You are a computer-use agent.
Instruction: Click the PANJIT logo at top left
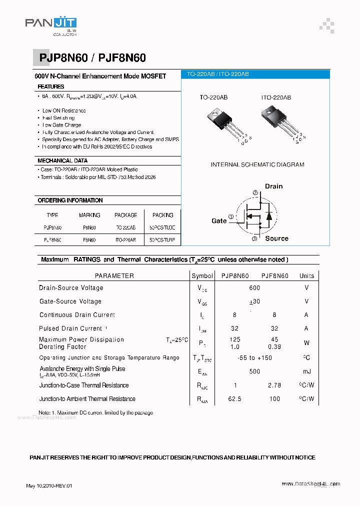point(50,25)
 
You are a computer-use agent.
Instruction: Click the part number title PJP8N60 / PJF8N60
point(92,58)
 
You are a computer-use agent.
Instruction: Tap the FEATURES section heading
point(51,86)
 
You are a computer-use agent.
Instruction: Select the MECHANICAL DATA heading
point(62,160)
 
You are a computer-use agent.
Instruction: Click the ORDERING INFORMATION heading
point(70,200)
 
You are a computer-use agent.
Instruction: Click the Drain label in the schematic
point(273,186)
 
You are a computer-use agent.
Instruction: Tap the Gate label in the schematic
point(219,220)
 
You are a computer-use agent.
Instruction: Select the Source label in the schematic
point(276,238)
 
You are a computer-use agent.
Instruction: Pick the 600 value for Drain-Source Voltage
point(254,288)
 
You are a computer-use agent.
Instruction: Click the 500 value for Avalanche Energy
point(254,371)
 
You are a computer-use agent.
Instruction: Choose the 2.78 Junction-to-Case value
point(274,385)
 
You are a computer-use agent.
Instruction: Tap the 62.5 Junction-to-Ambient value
point(234,399)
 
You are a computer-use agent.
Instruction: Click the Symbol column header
point(202,275)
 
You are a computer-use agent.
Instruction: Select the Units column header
point(306,275)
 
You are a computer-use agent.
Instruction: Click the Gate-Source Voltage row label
point(70,301)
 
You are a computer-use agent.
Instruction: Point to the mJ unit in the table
point(306,371)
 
